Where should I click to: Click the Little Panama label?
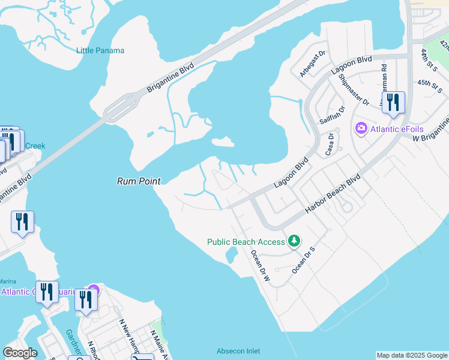pyautogui.click(x=100, y=50)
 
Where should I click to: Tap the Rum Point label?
pyautogui.click(x=138, y=180)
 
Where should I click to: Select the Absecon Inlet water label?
pyautogui.click(x=238, y=351)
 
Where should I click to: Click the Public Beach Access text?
pyautogui.click(x=246, y=242)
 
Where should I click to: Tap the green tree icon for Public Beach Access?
pyautogui.click(x=294, y=241)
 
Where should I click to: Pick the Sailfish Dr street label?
pyautogui.click(x=333, y=115)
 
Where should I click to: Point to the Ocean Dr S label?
pyautogui.click(x=303, y=260)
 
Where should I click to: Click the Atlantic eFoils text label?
pyautogui.click(x=398, y=128)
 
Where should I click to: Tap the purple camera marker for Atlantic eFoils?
pyautogui.click(x=361, y=128)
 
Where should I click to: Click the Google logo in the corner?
pyautogui.click(x=20, y=353)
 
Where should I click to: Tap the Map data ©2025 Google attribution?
pyautogui.click(x=412, y=355)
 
